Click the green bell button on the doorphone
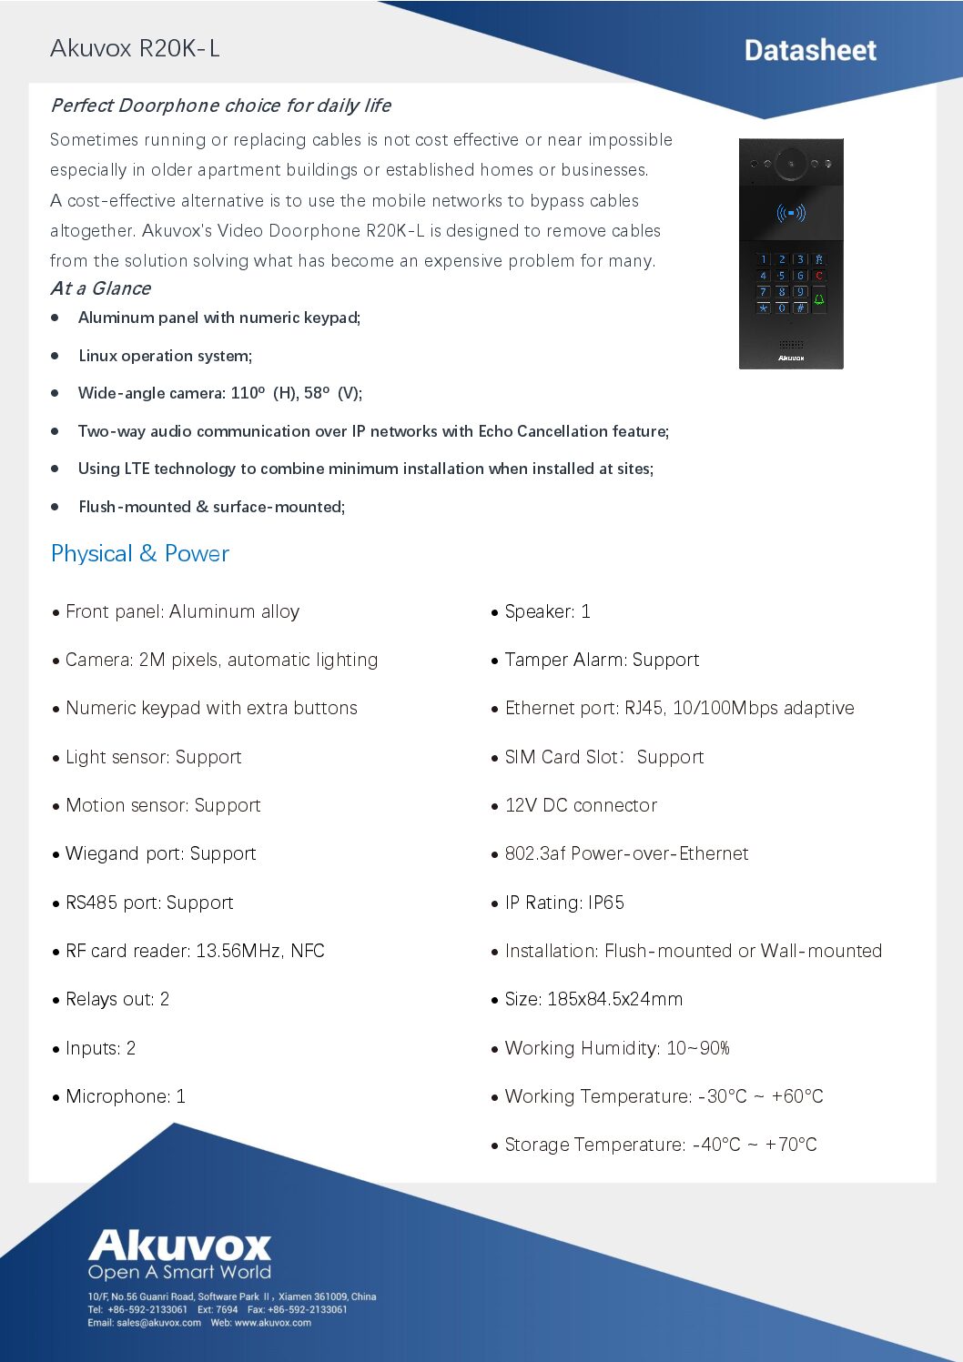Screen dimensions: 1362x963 click(x=819, y=299)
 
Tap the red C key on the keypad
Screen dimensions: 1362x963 click(x=819, y=276)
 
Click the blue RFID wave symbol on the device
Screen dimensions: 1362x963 click(x=791, y=214)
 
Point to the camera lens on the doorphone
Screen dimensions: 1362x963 click(x=791, y=164)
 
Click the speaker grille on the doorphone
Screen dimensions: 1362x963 click(x=791, y=344)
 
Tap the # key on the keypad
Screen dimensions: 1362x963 click(x=800, y=308)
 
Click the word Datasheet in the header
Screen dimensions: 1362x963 click(x=810, y=51)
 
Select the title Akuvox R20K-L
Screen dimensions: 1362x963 click(x=135, y=48)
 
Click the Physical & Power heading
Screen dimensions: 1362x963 click(x=140, y=554)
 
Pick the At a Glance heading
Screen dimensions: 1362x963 click(x=101, y=288)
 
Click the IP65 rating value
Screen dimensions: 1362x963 click(x=606, y=903)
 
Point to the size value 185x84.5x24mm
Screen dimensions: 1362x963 click(x=614, y=999)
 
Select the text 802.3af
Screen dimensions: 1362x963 click(x=535, y=853)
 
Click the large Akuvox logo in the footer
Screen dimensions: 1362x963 click(x=180, y=1246)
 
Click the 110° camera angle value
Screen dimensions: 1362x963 click(x=248, y=393)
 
